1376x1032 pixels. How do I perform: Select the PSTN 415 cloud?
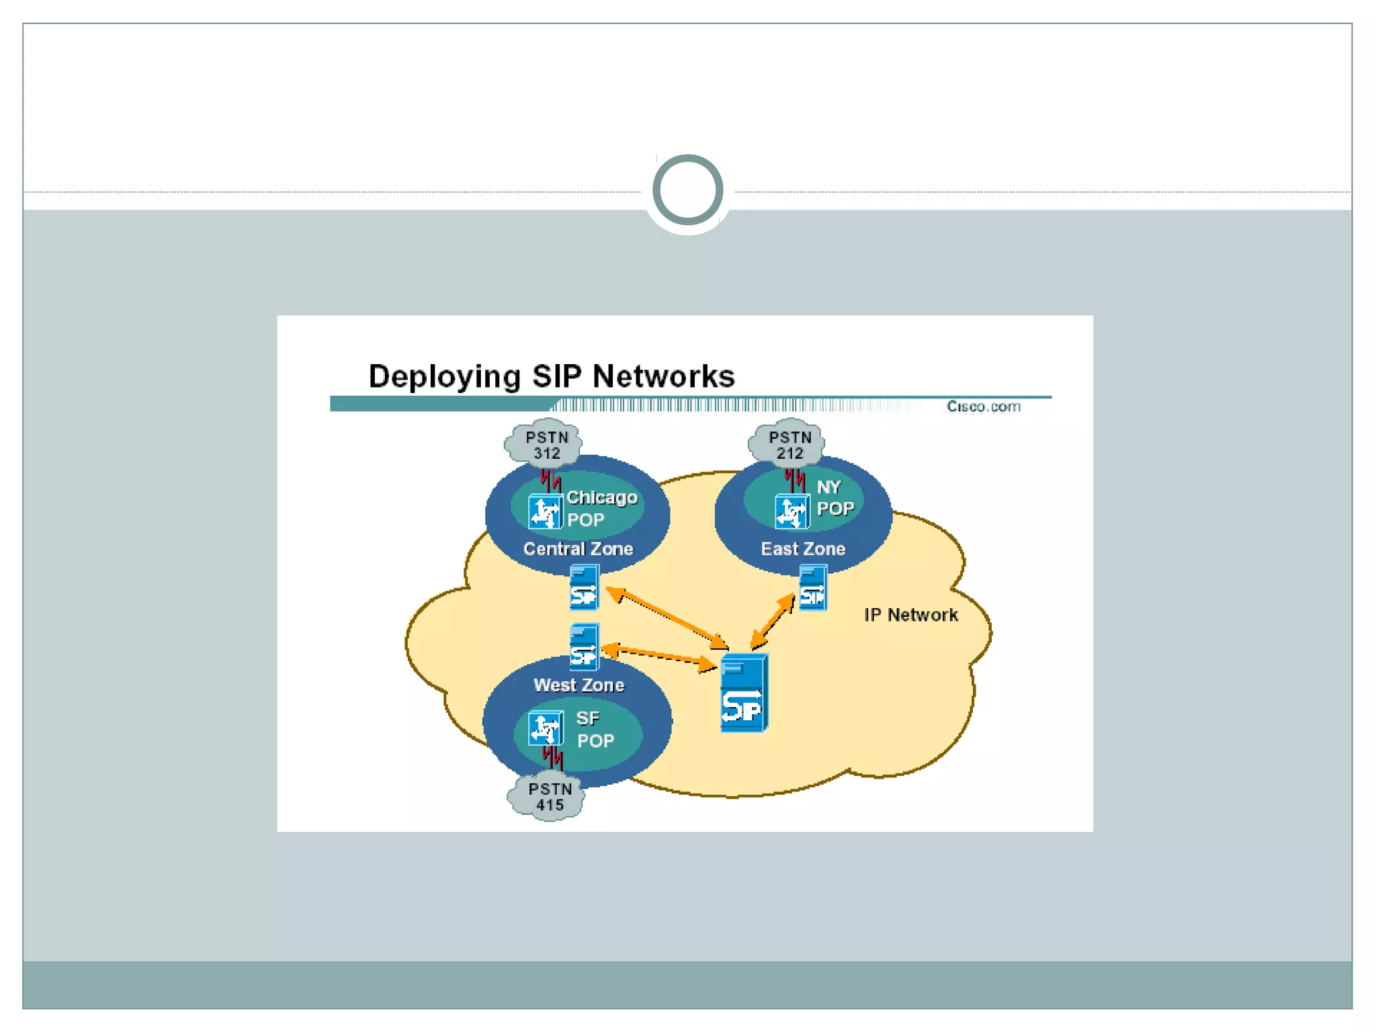click(548, 797)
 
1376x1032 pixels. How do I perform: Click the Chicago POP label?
click(601, 508)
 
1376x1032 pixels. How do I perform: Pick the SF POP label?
click(594, 730)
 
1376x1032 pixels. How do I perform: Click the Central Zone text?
click(578, 549)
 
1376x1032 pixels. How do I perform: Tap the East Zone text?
click(803, 549)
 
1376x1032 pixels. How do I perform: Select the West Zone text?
click(578, 685)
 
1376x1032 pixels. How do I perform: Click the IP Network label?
click(910, 615)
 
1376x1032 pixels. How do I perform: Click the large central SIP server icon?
click(744, 693)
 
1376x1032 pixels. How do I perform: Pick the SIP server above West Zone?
click(584, 647)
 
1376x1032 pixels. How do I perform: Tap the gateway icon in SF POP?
click(545, 728)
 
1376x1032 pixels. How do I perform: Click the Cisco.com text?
click(983, 406)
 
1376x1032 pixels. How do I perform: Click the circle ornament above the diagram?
click(687, 189)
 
